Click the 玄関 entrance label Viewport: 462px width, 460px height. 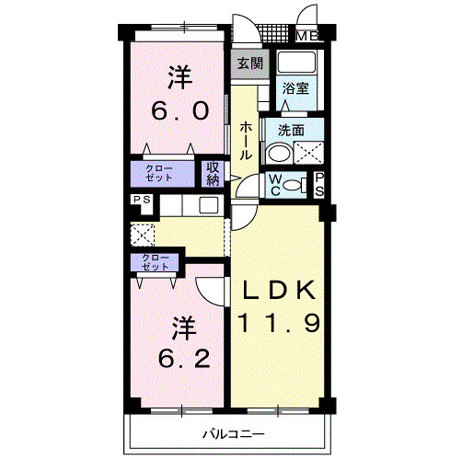250,64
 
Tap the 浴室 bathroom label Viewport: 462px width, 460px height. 295,89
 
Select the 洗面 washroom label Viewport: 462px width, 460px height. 291,131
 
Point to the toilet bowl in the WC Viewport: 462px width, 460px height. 292,185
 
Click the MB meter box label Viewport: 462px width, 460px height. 307,37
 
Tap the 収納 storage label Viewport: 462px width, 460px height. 213,174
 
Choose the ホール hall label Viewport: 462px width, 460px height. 246,141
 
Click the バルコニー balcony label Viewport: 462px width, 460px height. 234,434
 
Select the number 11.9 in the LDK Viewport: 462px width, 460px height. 280,323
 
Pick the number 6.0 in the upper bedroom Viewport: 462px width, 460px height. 180,110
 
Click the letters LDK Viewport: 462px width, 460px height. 279,290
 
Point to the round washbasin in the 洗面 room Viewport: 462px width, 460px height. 277,153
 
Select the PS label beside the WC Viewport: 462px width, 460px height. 319,184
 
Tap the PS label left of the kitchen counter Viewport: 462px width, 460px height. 142,200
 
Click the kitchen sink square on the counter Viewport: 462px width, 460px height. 209,205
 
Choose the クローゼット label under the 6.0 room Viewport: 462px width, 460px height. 159,174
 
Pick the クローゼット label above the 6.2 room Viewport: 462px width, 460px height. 155,263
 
